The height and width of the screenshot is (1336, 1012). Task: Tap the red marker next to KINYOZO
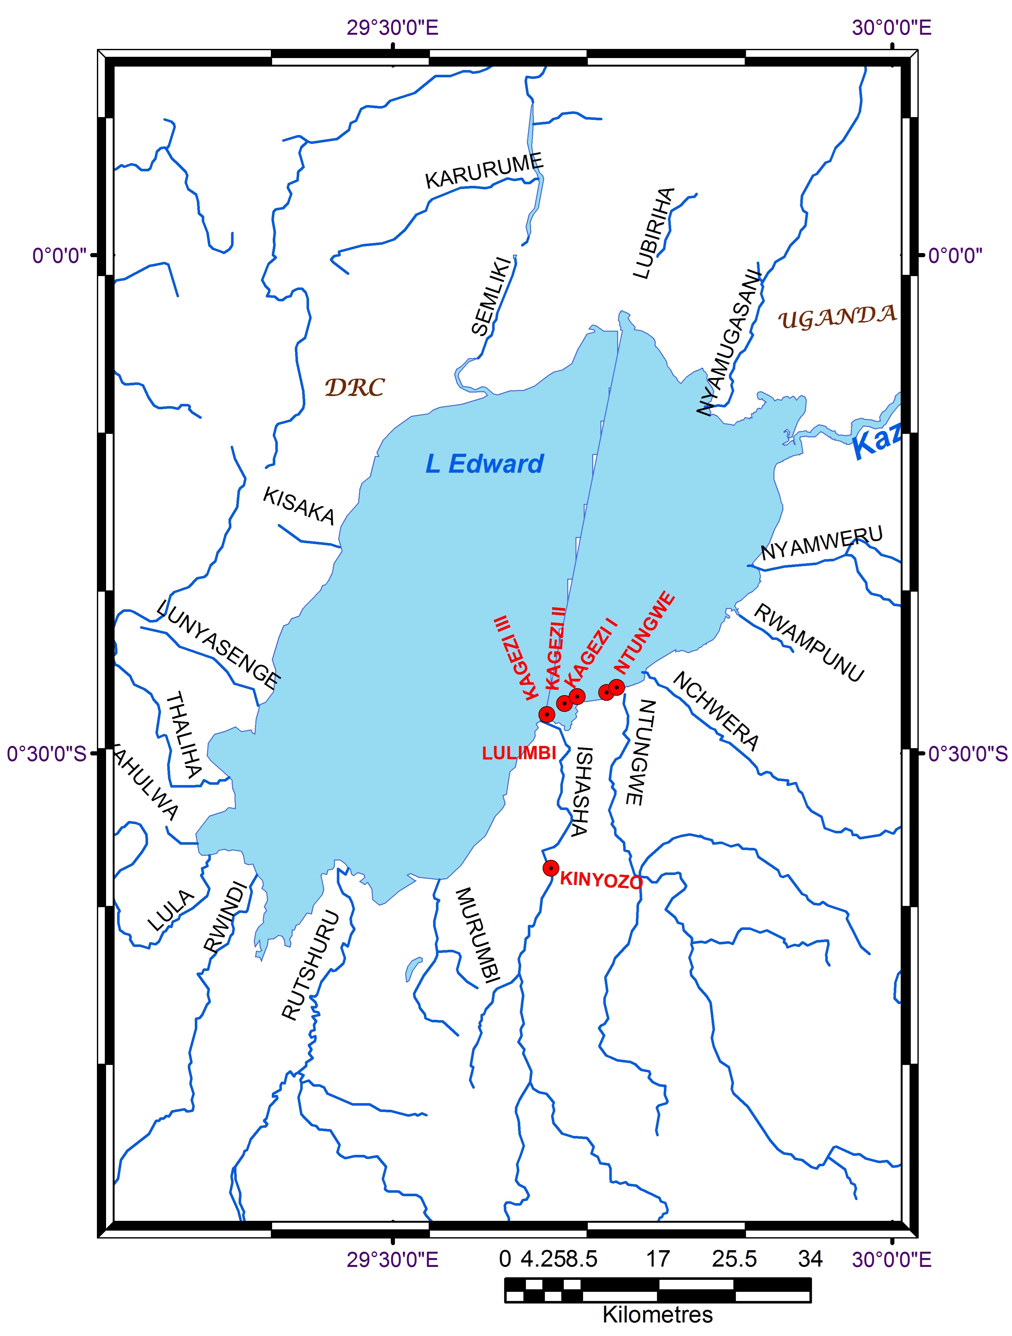(x=551, y=868)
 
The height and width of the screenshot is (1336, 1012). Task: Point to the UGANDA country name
(x=837, y=317)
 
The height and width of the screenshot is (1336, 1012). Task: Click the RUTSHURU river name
(x=311, y=965)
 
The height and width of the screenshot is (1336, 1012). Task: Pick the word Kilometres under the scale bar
(x=657, y=1315)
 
